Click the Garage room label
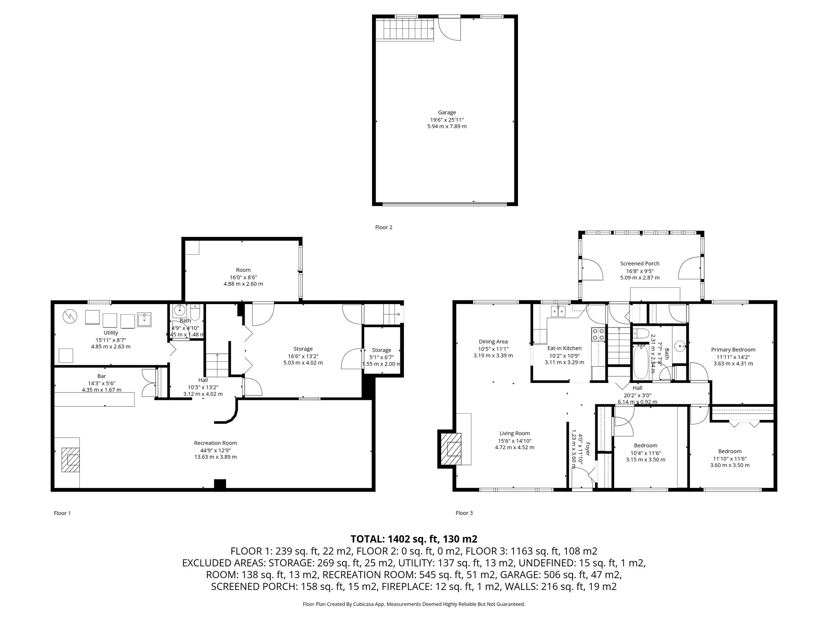447,113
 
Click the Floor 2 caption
384,227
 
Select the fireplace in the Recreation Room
70,460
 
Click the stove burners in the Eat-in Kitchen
598,334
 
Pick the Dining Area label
493,342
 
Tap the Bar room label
101,376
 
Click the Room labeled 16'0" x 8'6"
243,270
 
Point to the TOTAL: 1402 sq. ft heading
414,539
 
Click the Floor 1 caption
62,513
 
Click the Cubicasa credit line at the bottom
414,604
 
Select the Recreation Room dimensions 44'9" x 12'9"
215,450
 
